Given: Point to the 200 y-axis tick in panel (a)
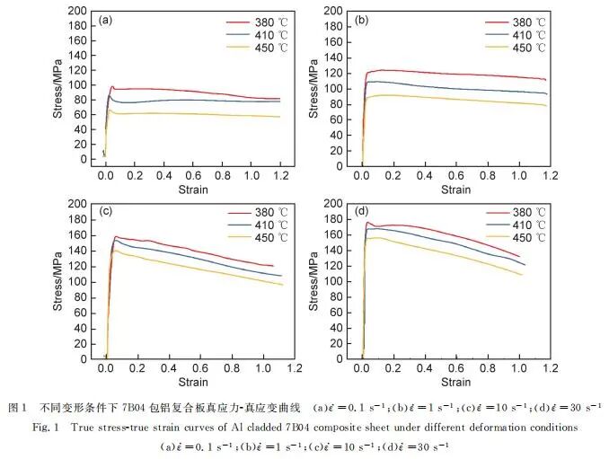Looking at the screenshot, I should (78, 11).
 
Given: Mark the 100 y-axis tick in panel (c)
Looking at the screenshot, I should (78, 281).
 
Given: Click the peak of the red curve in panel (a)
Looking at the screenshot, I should (112, 86).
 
